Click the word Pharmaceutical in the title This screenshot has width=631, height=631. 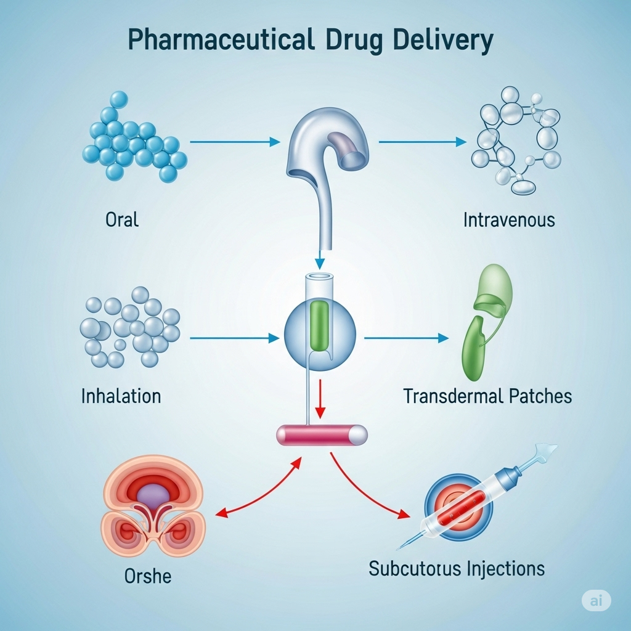(x=221, y=40)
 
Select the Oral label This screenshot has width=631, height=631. (x=122, y=220)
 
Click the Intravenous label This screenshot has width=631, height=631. (x=509, y=220)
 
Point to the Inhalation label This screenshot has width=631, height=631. (x=121, y=396)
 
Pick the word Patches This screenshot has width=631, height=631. (x=540, y=396)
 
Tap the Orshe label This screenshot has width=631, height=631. (x=148, y=576)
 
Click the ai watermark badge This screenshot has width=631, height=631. (x=596, y=600)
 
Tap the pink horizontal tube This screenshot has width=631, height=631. (x=322, y=435)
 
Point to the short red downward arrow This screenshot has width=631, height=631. (x=320, y=399)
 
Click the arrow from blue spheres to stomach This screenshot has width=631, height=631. (x=235, y=142)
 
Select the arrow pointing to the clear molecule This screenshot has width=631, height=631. (x=423, y=142)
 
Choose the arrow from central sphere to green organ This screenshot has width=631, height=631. (x=407, y=338)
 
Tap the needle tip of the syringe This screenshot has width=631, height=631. (x=397, y=549)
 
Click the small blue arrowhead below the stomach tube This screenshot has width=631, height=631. (x=320, y=264)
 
